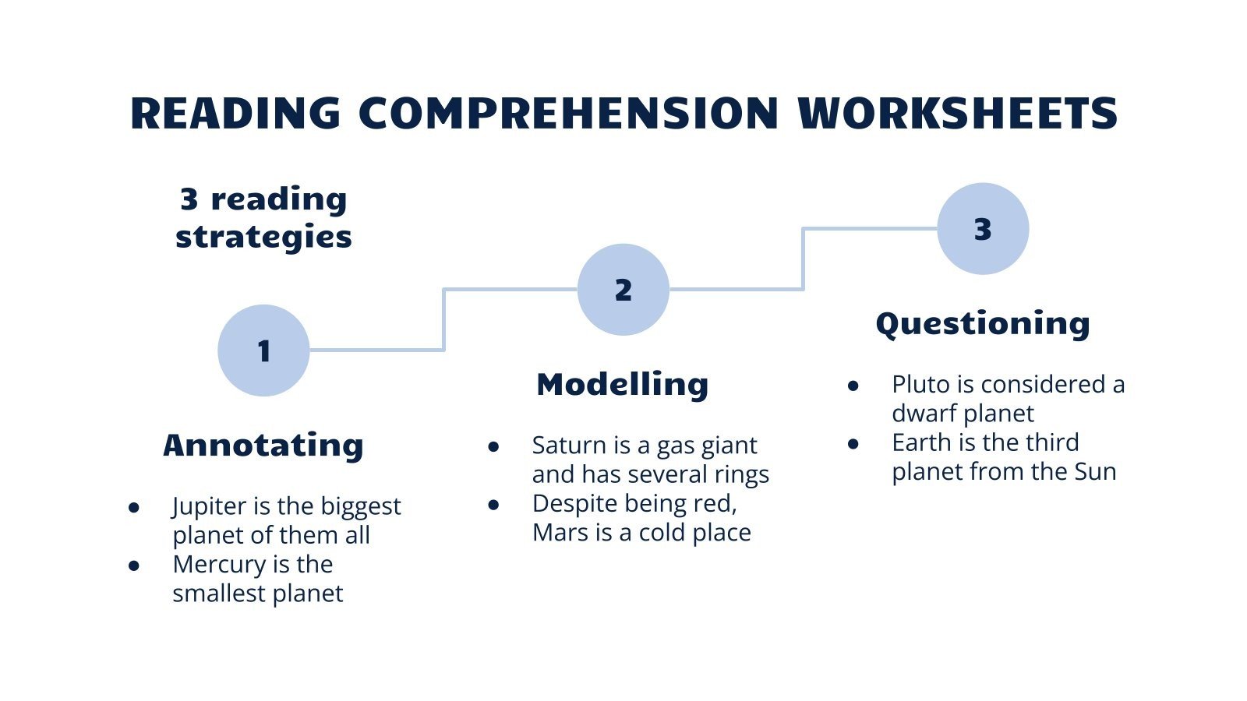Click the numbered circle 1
(263, 350)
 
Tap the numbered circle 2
(623, 290)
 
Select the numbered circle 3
(982, 229)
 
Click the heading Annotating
(263, 445)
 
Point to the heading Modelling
(623, 384)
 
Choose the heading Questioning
(982, 323)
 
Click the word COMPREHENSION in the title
(568, 114)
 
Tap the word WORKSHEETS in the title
(958, 114)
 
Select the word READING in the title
(235, 114)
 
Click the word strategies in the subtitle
(263, 237)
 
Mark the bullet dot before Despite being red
(493, 505)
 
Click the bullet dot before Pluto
(853, 386)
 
